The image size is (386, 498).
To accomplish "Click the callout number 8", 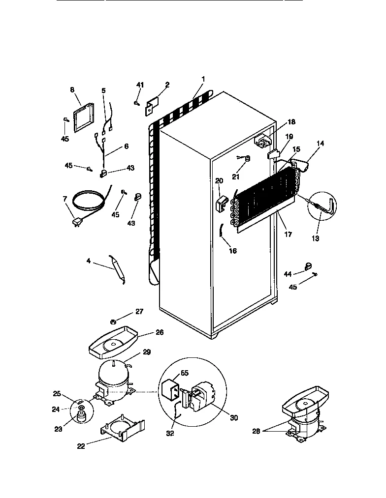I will tap(72, 90).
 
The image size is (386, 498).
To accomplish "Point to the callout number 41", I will tap(140, 86).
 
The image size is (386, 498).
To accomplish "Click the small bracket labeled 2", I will tap(151, 107).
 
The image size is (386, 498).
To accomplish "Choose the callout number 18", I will tap(291, 122).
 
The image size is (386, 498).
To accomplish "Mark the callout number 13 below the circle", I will tap(316, 238).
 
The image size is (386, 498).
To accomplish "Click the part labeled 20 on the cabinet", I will tap(222, 204).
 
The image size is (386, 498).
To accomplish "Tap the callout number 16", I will tap(233, 251).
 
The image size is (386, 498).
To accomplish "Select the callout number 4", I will tap(89, 261).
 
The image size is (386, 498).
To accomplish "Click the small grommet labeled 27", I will tap(113, 322).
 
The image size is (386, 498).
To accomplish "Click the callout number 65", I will tap(184, 373).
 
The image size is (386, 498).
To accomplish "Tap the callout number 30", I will tap(234, 418).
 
